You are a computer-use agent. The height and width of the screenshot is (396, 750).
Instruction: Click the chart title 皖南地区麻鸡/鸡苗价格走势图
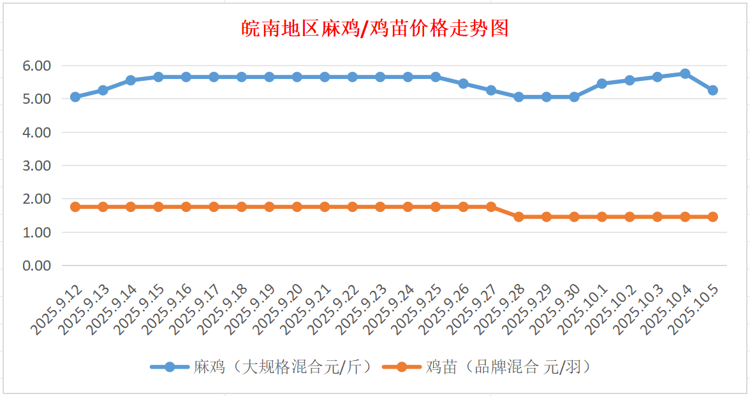(x=375, y=29)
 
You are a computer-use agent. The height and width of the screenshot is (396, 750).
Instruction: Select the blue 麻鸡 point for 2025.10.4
(x=685, y=74)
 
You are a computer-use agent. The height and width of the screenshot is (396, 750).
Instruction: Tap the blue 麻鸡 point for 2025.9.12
(x=75, y=97)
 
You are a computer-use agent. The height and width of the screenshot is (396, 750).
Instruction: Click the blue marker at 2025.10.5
(x=712, y=90)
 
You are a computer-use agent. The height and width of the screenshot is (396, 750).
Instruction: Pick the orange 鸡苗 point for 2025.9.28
(x=518, y=217)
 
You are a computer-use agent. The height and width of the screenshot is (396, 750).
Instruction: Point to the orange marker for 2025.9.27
(x=491, y=207)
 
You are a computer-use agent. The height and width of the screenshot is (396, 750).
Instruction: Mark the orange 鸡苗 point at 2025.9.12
(x=75, y=207)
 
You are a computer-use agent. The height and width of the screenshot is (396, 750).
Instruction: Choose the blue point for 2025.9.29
(x=546, y=97)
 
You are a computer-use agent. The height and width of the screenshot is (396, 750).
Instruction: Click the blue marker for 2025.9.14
(x=131, y=80)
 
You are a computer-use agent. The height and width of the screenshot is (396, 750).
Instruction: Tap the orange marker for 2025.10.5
(x=712, y=217)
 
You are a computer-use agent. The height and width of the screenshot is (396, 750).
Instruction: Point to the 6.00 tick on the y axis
(x=36, y=66)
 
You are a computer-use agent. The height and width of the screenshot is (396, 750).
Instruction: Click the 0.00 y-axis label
(x=36, y=265)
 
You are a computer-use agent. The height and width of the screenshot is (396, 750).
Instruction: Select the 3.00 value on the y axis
(x=36, y=166)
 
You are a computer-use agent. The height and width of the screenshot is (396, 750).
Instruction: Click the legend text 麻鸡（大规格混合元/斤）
(x=281, y=367)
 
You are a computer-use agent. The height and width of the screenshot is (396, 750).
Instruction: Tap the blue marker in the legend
(x=170, y=367)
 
